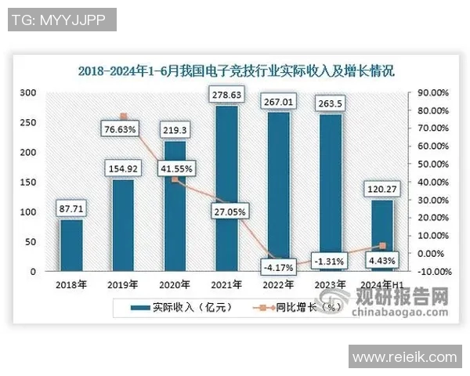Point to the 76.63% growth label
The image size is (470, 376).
point(124,128)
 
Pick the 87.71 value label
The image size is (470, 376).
point(71,209)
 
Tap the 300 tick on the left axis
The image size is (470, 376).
point(29,92)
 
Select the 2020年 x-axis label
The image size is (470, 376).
point(175,284)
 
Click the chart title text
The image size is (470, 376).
point(236,70)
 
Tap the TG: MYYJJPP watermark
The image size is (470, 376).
point(62,20)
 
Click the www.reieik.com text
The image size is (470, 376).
point(404,357)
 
